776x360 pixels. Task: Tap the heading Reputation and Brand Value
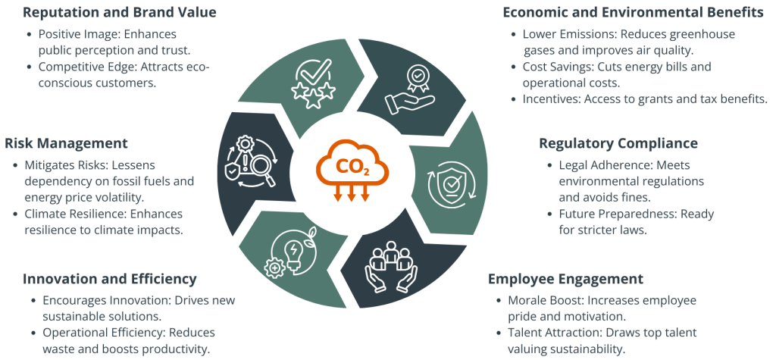[x=111, y=13]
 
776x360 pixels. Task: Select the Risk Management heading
[x=67, y=142]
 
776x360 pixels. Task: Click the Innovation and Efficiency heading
[x=110, y=278]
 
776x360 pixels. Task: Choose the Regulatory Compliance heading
[x=618, y=142]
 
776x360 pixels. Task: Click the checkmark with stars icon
[x=312, y=82]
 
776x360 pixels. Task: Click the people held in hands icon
[x=392, y=265]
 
